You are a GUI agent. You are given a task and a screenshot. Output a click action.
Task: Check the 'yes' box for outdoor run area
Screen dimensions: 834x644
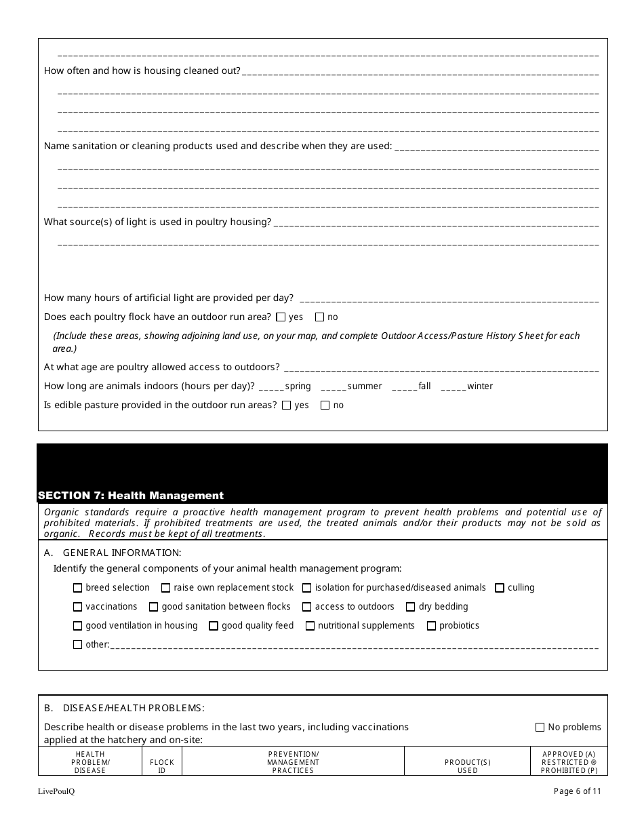[x=281, y=317]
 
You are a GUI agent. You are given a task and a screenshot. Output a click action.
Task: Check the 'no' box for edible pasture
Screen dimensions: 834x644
[x=325, y=405]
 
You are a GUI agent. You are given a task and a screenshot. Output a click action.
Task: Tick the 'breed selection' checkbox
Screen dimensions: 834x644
[x=77, y=588]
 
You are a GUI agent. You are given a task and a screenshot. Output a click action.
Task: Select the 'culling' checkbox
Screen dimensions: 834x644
[x=500, y=588]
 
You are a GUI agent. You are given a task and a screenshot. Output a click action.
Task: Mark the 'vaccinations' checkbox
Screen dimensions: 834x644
[x=77, y=607]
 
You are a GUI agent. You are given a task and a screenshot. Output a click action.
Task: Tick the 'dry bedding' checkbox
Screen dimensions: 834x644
[x=411, y=607]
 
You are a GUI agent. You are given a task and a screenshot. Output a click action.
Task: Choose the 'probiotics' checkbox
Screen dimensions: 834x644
[x=431, y=626]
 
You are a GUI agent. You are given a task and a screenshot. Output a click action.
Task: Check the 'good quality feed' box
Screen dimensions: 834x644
[x=214, y=626]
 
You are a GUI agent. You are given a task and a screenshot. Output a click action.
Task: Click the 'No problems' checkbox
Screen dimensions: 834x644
[x=540, y=727]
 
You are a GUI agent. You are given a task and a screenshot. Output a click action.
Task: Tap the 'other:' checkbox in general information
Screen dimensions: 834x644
[x=77, y=645]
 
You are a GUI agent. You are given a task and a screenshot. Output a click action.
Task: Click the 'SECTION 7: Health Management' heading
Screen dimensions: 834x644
[x=131, y=496]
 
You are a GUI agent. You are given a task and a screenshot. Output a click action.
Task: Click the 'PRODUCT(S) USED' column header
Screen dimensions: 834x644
[x=468, y=766]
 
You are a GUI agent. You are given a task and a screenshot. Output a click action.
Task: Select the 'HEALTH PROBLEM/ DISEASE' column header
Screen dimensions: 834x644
[x=90, y=762]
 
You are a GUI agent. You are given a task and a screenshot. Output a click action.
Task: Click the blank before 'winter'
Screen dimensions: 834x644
[x=453, y=386]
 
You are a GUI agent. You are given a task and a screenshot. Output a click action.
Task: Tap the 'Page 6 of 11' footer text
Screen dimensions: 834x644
[x=577, y=791]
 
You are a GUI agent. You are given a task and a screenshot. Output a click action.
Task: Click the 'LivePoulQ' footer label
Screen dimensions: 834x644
[x=56, y=791]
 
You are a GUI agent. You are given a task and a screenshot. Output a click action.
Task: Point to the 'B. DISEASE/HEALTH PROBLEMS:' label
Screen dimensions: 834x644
[x=124, y=708]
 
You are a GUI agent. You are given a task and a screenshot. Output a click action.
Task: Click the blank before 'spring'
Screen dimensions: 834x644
[x=271, y=386]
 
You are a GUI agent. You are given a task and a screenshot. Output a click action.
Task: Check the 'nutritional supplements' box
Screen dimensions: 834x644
[x=310, y=626]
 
